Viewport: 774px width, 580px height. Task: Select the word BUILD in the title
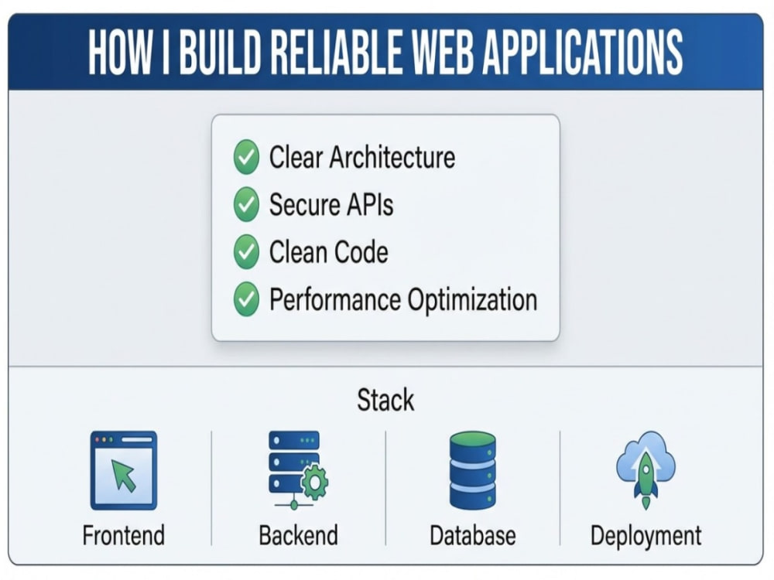click(x=219, y=52)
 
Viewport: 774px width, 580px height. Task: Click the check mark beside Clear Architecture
click(x=246, y=157)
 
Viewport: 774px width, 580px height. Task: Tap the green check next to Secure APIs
click(x=246, y=205)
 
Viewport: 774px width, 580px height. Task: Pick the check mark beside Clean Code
click(x=246, y=252)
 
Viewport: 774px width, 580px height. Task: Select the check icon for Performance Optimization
click(x=246, y=299)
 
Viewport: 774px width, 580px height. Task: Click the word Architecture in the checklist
click(x=392, y=157)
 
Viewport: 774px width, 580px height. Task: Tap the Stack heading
click(x=385, y=400)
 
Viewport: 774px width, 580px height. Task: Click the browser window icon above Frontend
click(x=123, y=470)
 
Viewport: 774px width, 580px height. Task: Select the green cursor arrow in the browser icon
click(x=123, y=476)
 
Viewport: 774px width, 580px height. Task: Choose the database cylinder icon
click(x=473, y=470)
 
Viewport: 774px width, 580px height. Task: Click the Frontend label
click(x=123, y=536)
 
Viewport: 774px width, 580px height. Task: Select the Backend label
click(x=298, y=536)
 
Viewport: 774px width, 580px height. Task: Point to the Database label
click(x=473, y=536)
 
